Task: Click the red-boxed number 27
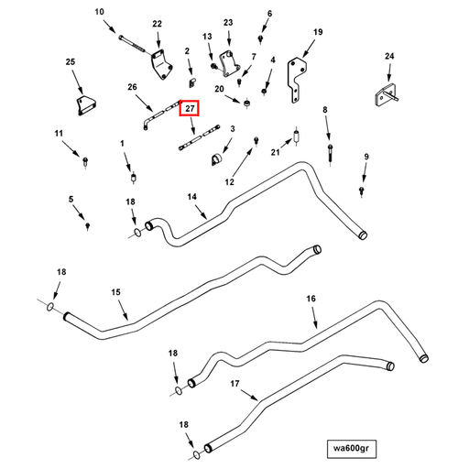(x=189, y=108)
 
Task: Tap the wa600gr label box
(x=351, y=449)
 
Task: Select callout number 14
(x=191, y=197)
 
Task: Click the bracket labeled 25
(x=85, y=105)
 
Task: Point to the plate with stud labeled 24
(x=386, y=95)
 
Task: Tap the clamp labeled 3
(x=217, y=159)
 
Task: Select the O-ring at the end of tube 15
(x=50, y=306)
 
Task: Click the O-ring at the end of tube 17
(x=197, y=454)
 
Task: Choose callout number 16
(x=311, y=299)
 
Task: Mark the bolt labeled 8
(x=331, y=154)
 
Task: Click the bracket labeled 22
(x=161, y=64)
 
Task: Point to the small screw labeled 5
(x=88, y=226)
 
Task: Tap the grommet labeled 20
(x=247, y=103)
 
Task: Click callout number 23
(x=228, y=23)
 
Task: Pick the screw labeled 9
(x=362, y=191)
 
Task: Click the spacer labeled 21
(x=296, y=136)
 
